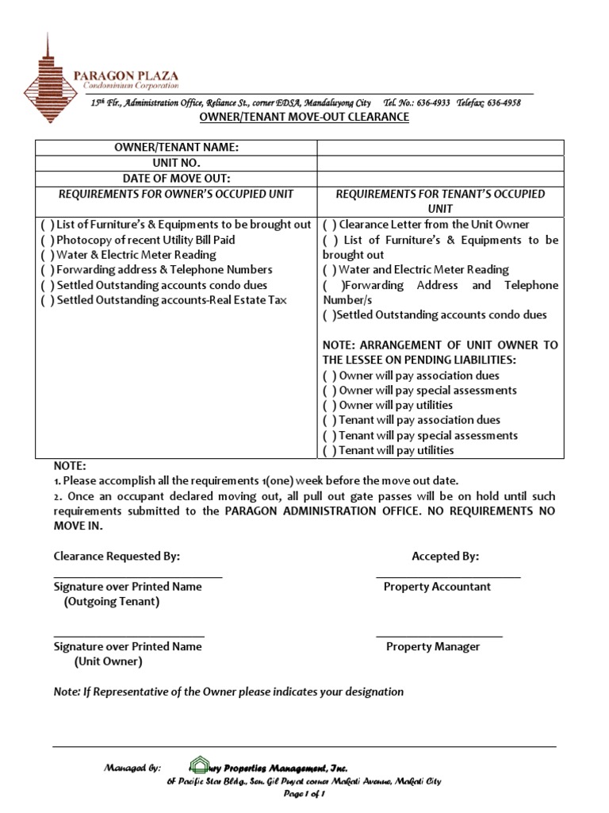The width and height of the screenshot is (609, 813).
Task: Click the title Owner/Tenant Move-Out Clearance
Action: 303,118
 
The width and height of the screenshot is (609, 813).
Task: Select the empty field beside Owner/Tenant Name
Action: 440,148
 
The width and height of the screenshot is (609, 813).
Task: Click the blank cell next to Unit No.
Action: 440,163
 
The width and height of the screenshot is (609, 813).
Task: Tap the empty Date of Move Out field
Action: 440,178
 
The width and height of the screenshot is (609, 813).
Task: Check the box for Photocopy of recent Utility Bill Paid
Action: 47,240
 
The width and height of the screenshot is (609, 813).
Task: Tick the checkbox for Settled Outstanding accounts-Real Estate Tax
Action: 47,300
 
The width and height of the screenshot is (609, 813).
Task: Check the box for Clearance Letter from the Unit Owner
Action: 329,225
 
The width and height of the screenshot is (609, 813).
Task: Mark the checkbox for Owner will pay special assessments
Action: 329,391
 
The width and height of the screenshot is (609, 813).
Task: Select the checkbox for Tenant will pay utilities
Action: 329,451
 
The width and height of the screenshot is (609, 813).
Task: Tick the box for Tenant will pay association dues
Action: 329,421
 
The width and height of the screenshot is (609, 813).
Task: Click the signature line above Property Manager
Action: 439,636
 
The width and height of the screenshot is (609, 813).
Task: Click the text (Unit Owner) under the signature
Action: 109,661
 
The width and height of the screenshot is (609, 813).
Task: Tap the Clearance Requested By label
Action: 117,557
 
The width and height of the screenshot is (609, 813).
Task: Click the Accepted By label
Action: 445,557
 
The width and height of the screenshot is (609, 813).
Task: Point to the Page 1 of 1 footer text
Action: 304,796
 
